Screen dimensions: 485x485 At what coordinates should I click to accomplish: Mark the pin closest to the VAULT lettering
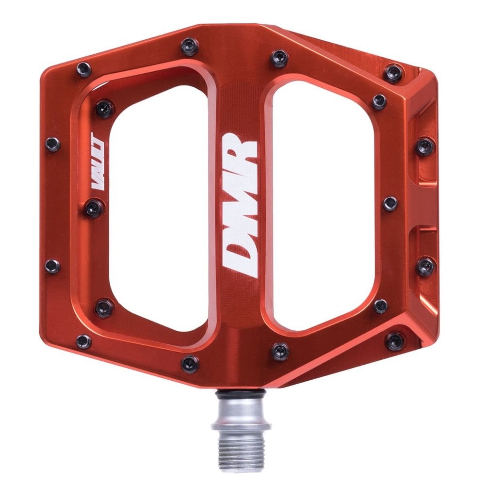coord(94,208)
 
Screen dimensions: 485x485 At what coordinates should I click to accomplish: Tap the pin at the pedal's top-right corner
coord(393,73)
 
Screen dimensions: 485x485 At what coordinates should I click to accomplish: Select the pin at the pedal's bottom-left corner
coord(83,341)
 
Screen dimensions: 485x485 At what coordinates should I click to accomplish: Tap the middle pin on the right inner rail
coord(390,203)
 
